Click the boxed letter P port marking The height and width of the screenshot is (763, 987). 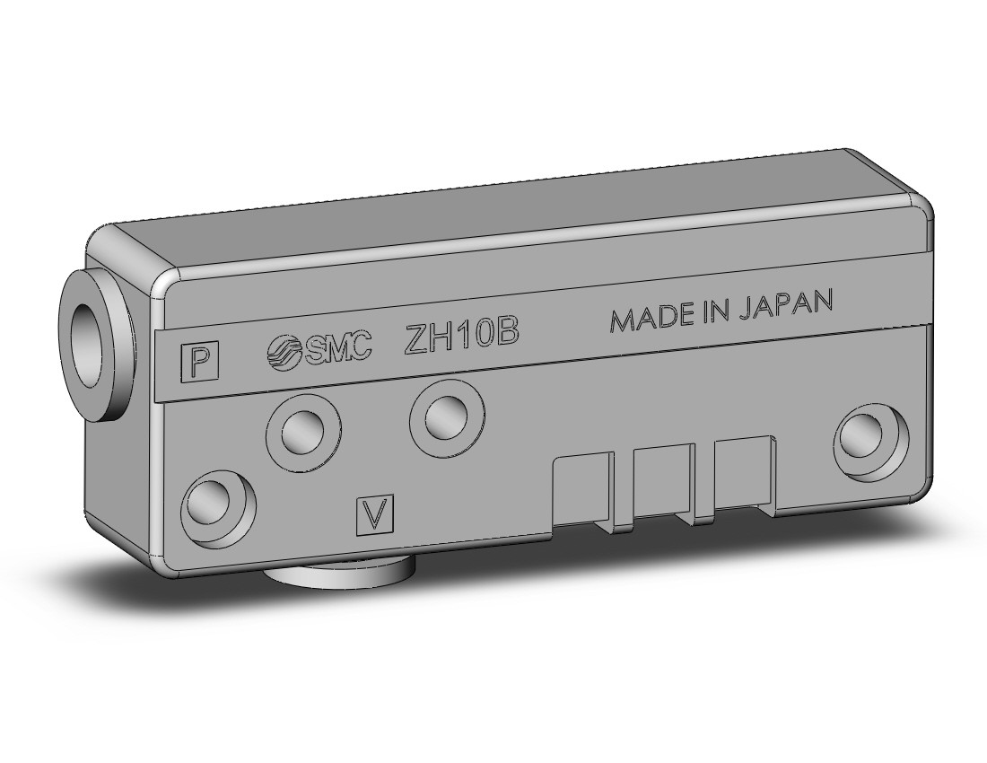pos(200,362)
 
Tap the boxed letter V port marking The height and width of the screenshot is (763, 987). pos(375,514)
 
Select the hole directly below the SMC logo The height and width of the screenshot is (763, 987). pos(303,431)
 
